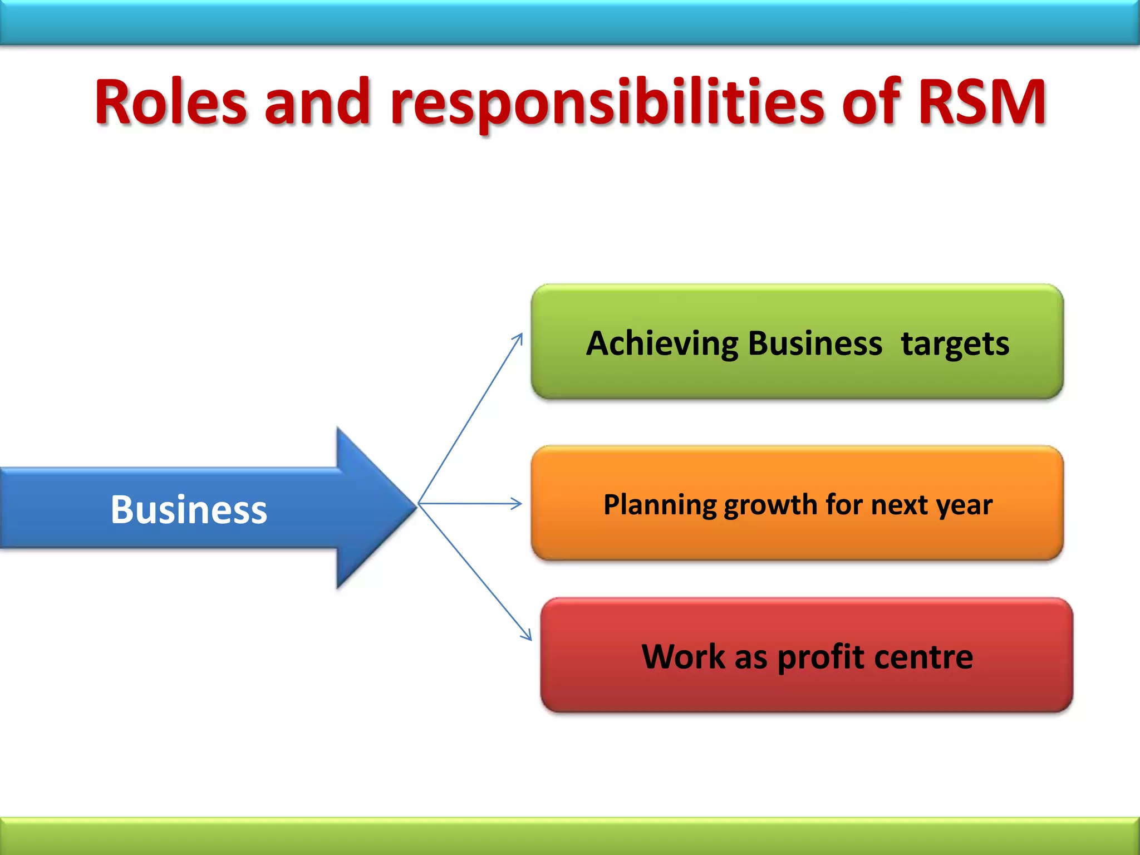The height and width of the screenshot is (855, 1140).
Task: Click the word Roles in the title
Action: [x=170, y=102]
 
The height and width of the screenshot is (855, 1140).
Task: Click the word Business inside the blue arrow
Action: [x=189, y=510]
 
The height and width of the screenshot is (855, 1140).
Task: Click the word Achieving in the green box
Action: [x=661, y=343]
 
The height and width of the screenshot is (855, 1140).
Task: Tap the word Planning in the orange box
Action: [x=660, y=505]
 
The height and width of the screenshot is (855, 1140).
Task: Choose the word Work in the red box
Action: [x=683, y=657]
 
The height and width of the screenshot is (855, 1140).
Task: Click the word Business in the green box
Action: [x=815, y=343]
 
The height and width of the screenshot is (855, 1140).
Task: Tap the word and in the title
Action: [x=317, y=102]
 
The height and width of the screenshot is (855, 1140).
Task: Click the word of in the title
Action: [x=871, y=102]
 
